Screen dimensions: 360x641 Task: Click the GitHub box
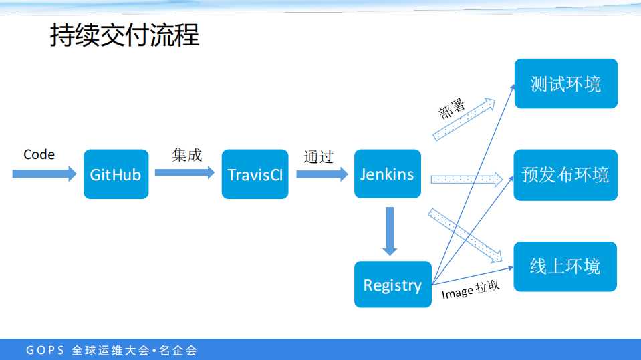tap(116, 174)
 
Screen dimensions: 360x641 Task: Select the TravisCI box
tap(255, 174)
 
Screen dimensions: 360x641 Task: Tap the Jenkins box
tap(387, 174)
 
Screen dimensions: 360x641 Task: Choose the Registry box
tap(392, 285)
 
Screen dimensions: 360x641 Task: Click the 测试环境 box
tap(565, 83)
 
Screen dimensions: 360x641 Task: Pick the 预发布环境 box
tap(565, 175)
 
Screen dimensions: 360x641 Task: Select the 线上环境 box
tap(565, 266)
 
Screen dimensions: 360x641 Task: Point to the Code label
tap(39, 154)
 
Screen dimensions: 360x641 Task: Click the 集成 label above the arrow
tap(186, 155)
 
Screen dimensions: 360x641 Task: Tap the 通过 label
tap(318, 157)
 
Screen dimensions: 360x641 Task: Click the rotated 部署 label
tap(452, 107)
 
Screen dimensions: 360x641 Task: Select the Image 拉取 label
tap(470, 291)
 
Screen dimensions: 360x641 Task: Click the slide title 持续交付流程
tap(124, 35)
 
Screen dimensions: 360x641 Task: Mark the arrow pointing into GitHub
tap(44, 174)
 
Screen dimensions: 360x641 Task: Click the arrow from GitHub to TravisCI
tap(184, 172)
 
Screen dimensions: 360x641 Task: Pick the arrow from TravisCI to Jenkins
tap(322, 174)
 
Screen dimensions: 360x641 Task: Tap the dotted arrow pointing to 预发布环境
tap(467, 178)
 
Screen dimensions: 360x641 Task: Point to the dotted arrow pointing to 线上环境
tap(465, 236)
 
